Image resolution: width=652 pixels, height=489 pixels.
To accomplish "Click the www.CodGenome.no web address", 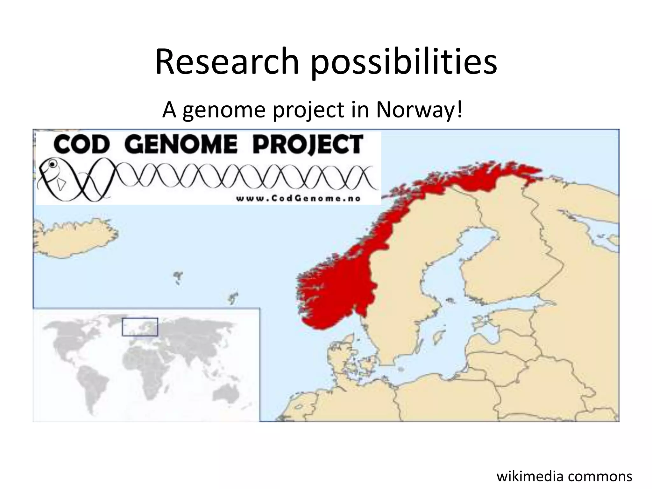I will point(298,199).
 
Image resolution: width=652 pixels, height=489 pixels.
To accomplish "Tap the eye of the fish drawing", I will point(52,164).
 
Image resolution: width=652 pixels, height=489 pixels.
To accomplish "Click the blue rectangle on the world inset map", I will point(140,327).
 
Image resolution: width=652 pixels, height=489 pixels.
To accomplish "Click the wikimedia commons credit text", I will point(564,476).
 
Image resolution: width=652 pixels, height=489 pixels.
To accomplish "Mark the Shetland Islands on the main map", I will point(233,298).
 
